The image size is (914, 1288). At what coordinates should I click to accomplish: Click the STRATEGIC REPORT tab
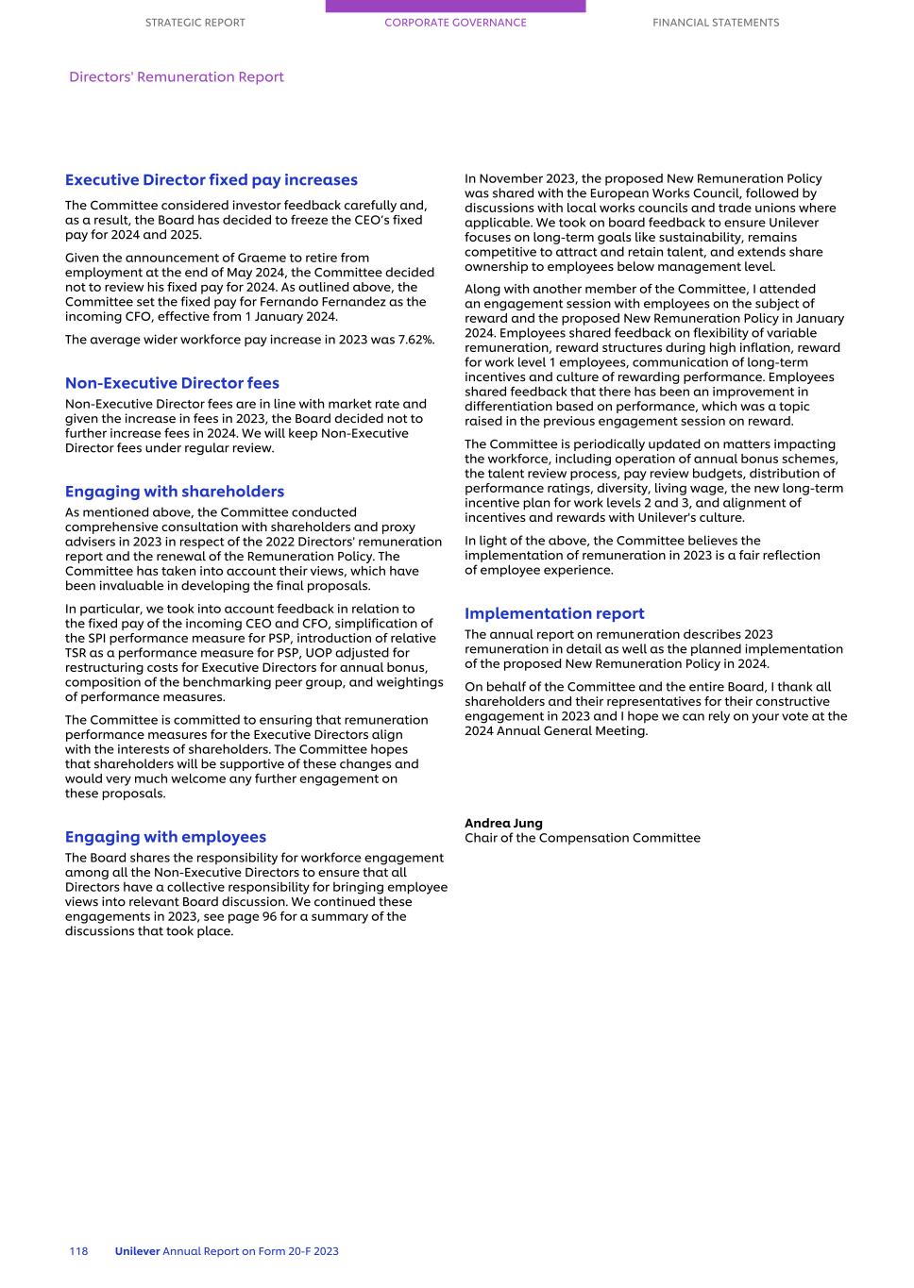[195, 23]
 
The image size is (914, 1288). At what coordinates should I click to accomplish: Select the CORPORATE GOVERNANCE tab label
[455, 23]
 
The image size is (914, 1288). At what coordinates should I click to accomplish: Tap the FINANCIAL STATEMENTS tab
[716, 23]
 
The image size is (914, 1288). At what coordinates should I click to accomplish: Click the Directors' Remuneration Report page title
[177, 77]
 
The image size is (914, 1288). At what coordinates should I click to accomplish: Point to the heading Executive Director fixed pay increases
[211, 180]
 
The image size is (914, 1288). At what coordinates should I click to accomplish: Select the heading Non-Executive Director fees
[172, 383]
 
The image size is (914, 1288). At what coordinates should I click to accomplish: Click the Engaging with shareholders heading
[174, 492]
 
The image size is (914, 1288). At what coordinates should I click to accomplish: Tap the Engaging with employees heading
[165, 837]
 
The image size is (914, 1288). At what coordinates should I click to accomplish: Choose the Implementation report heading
[554, 613]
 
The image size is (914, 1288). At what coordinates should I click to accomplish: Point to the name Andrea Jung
[503, 823]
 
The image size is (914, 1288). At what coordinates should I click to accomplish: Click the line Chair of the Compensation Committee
[582, 838]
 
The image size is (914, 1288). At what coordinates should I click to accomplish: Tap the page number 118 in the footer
[78, 1251]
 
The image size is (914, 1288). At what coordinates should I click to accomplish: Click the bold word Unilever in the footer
[137, 1251]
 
